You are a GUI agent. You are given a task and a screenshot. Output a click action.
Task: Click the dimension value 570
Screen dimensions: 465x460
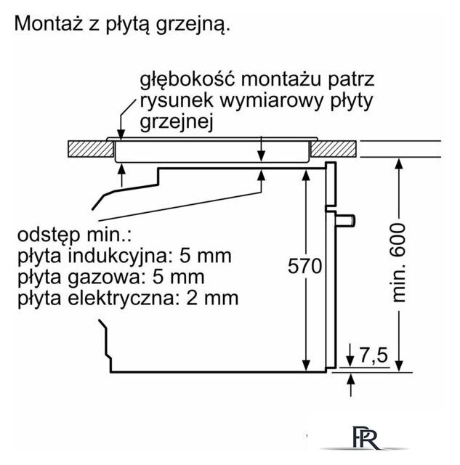(x=304, y=267)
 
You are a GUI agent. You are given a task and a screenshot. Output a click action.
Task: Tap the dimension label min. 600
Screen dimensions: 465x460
(x=398, y=261)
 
